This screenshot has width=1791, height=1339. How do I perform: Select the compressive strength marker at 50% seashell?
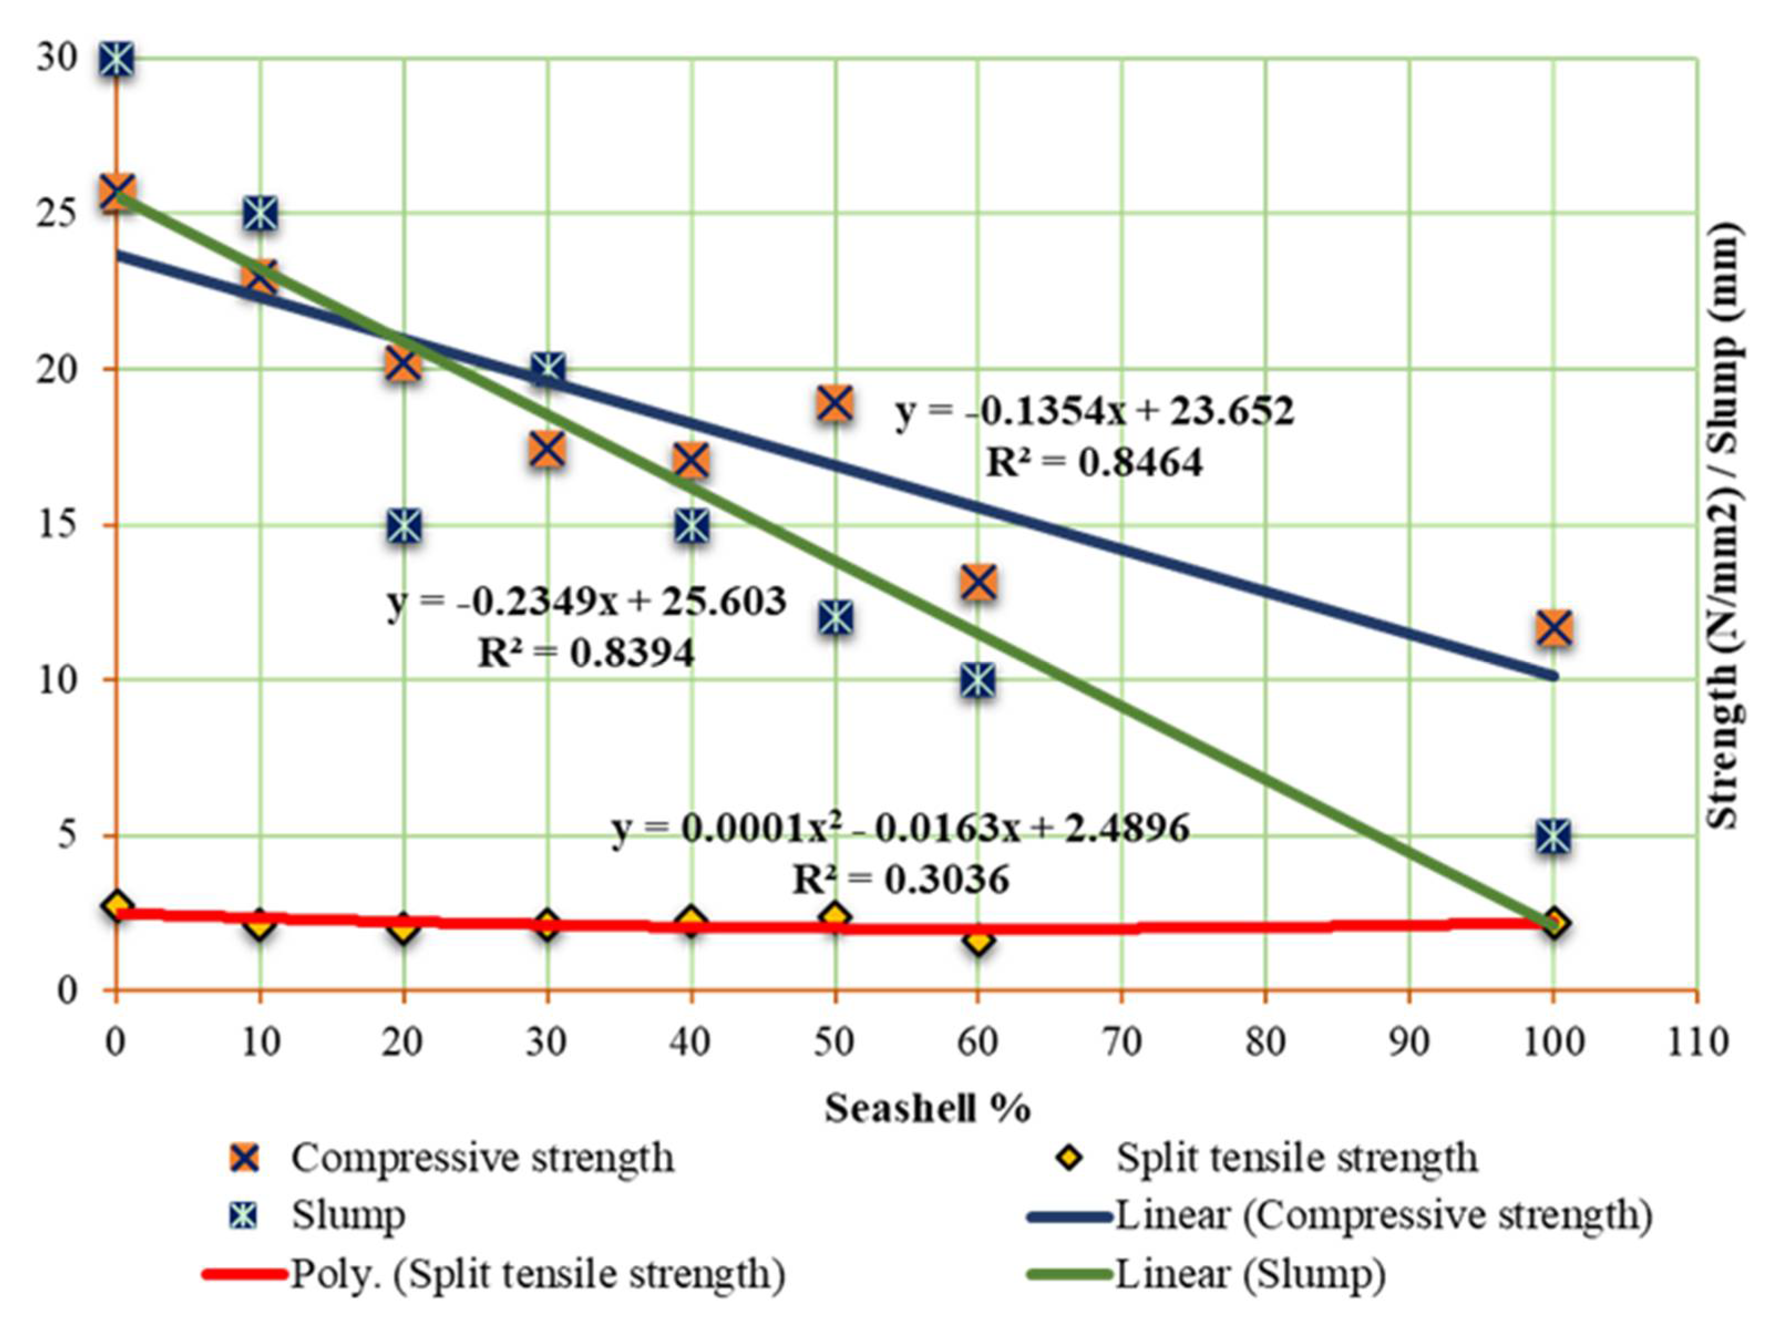click(835, 403)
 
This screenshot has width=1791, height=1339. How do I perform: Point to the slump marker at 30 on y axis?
click(117, 58)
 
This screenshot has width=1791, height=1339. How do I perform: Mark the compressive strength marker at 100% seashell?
click(1555, 628)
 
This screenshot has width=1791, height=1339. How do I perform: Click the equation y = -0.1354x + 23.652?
click(1095, 411)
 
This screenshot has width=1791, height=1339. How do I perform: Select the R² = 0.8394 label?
click(586, 652)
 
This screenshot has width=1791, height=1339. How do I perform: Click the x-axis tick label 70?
click(1122, 1042)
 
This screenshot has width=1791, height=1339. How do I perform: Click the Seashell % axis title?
click(927, 1108)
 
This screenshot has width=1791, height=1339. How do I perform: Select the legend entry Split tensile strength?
click(1297, 1158)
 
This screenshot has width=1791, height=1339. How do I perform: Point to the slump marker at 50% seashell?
click(835, 617)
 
